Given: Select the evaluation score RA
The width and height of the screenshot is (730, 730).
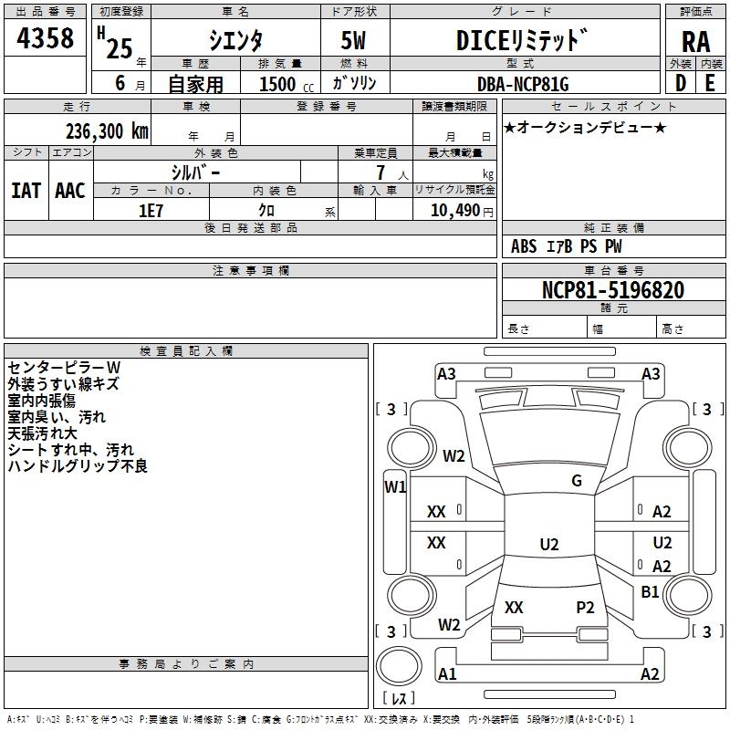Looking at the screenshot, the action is pos(695,41).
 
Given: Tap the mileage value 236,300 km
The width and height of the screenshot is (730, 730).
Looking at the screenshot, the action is pos(107,131).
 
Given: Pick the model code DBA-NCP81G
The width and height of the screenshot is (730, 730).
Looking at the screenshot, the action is pos(523,84).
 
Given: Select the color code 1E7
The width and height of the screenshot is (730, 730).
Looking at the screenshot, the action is pos(151,210).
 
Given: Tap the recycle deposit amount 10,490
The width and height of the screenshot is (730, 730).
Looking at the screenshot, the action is pos(454,211).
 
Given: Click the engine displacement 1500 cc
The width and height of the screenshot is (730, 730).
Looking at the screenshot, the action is pos(276,84).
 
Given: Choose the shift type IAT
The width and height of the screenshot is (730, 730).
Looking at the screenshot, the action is pos(26,190).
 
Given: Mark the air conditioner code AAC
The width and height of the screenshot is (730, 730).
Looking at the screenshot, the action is pos(70,190).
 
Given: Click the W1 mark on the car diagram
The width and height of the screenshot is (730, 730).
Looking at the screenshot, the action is pos(394,486).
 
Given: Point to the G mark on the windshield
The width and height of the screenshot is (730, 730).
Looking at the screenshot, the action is pos(576,481).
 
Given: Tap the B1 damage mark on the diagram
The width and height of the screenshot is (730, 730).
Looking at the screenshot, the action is pos(650,591).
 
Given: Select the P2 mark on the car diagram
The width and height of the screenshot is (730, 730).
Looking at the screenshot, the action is pos(585,607).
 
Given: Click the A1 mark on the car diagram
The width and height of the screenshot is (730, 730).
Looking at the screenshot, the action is pos(447,674).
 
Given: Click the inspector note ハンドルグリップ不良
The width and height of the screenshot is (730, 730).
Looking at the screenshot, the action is pos(78,466).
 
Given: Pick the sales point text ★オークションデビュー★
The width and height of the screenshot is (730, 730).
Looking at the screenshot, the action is pos(585,127).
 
